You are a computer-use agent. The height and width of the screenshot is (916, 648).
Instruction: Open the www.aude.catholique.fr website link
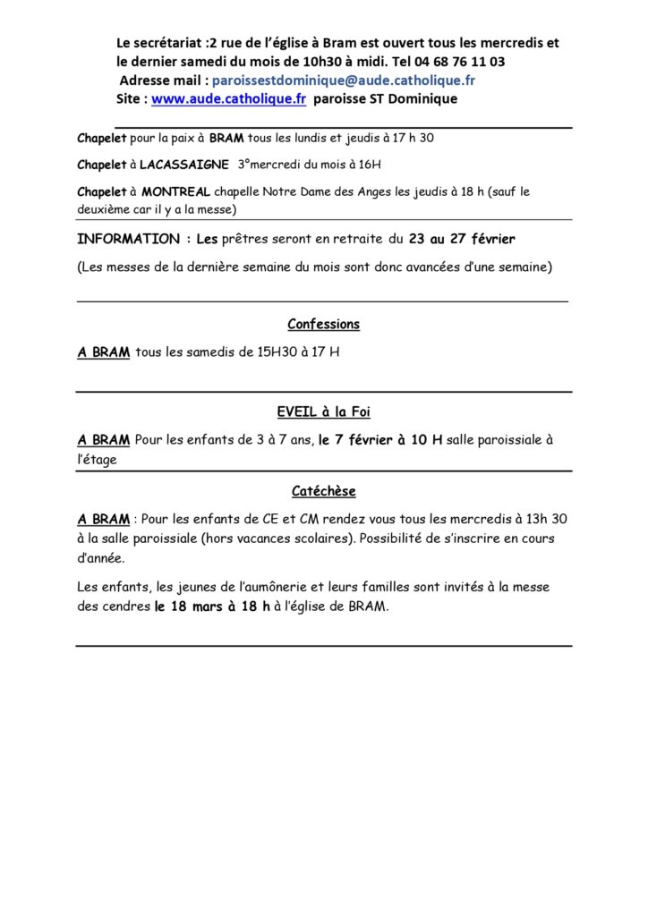click(229, 99)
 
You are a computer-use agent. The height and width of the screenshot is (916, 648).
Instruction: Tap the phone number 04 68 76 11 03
click(463, 62)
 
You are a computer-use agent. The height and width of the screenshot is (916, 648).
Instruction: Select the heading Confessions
click(323, 324)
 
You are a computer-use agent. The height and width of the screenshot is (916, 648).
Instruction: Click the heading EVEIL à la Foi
click(323, 412)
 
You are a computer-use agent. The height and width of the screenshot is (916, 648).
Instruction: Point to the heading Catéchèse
click(323, 491)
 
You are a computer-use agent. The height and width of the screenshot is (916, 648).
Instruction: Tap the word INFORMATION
click(128, 239)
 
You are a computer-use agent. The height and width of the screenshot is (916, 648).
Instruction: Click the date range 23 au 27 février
click(462, 239)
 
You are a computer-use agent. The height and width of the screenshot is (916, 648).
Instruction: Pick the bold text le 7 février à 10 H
click(380, 440)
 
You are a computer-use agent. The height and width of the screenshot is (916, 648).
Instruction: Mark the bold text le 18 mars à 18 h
click(212, 606)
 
